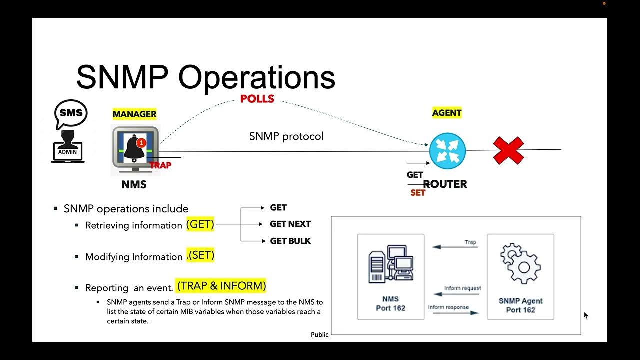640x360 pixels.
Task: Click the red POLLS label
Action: [257, 99]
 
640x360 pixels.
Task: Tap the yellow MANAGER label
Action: [134, 114]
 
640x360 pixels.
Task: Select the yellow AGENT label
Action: [447, 113]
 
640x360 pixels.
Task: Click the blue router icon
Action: [447, 151]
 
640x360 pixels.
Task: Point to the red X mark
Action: [508, 150]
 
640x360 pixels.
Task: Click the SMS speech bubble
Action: [71, 113]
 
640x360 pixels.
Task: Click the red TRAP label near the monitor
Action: [160, 165]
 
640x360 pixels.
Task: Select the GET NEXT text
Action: [290, 224]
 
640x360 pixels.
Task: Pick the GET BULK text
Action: [290, 241]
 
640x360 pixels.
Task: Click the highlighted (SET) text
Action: [201, 255]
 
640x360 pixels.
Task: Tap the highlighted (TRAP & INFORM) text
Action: [221, 286]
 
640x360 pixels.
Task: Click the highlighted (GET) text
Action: [200, 224]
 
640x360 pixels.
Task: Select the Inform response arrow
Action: [453, 313]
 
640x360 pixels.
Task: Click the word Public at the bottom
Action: [320, 335]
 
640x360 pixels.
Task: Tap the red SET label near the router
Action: [418, 193]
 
